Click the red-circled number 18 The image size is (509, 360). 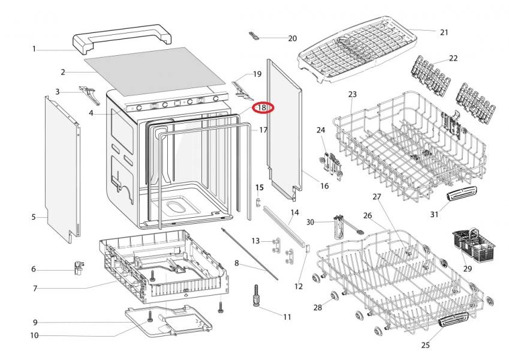pos(262,107)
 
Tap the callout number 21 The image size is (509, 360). pos(444,32)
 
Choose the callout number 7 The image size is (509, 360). pos(35,289)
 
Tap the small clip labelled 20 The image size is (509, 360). pos(255,37)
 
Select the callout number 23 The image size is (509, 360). pos(352,94)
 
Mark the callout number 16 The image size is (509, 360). pos(324,186)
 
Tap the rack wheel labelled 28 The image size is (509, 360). pos(332,296)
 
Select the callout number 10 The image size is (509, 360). pos(34,335)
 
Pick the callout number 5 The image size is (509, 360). pos(34,217)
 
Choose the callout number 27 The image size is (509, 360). pos(377,197)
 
